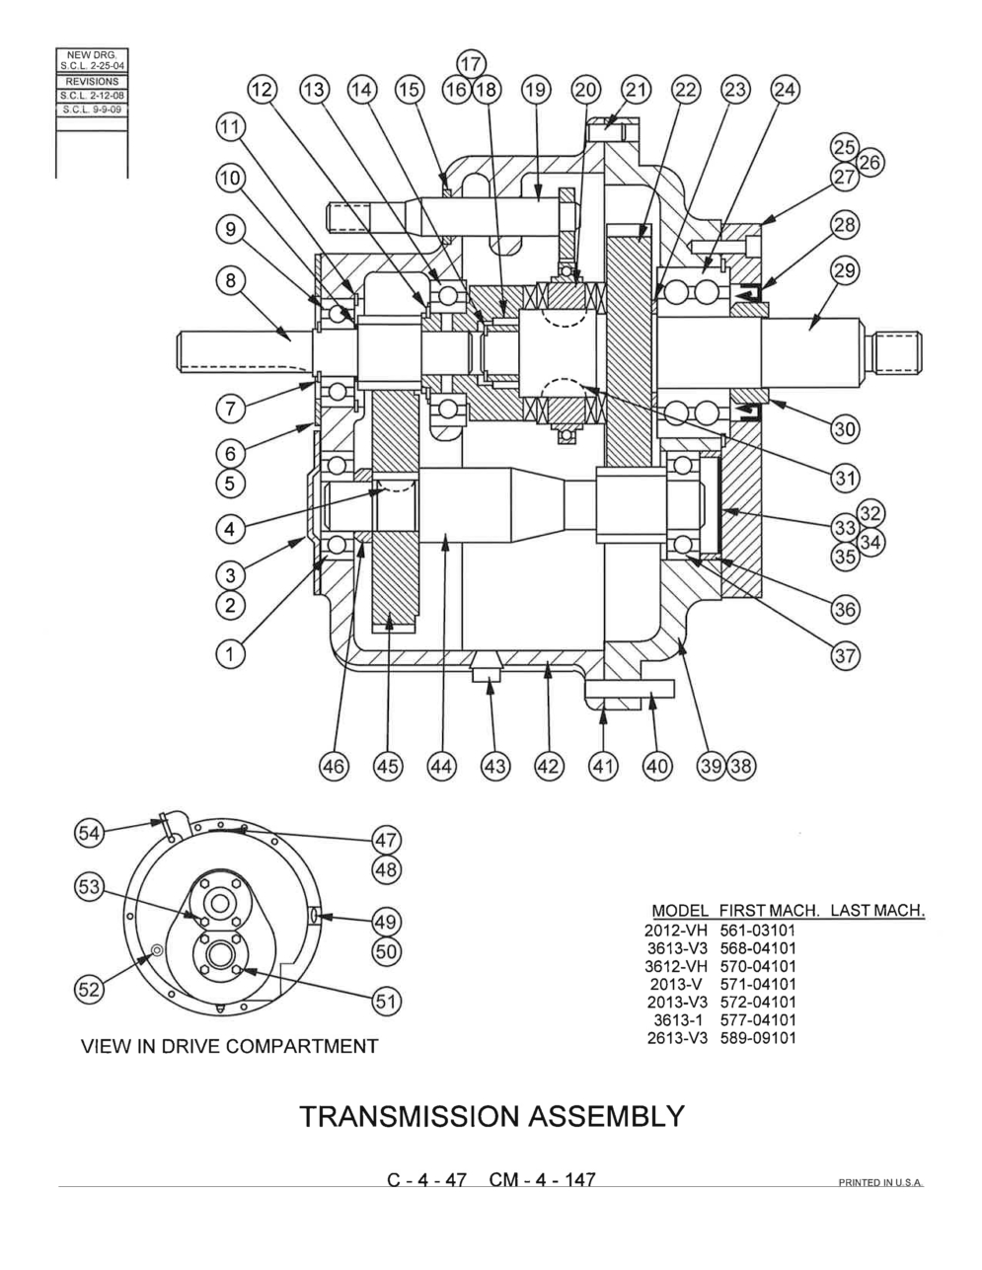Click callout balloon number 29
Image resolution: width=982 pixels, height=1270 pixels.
click(x=845, y=271)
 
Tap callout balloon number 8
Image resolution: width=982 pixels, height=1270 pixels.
click(x=230, y=280)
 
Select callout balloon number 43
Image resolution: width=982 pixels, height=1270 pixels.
click(x=495, y=765)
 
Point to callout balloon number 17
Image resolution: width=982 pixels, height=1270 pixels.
click(x=471, y=64)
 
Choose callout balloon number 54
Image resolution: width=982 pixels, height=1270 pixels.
click(x=90, y=832)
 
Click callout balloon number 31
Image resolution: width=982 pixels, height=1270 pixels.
click(x=845, y=478)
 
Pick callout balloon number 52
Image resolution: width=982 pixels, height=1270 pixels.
click(x=90, y=990)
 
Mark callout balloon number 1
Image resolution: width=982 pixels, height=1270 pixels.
click(x=230, y=653)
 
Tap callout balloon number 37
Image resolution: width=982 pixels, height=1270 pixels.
click(x=845, y=655)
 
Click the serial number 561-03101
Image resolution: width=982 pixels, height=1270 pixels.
click(x=758, y=930)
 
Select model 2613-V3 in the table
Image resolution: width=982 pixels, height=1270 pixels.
click(x=677, y=1038)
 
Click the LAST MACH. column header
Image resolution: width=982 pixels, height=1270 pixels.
click(x=877, y=910)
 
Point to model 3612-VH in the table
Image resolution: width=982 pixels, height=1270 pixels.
click(x=676, y=966)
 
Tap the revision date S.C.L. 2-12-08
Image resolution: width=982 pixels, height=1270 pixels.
click(x=92, y=96)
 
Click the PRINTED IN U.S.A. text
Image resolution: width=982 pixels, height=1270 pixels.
click(x=881, y=1183)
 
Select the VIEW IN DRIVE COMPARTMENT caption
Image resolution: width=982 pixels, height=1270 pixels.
click(x=229, y=1046)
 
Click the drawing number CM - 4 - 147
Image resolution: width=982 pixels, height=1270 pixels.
click(x=542, y=1179)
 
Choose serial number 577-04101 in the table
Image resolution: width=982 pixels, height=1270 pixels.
click(x=758, y=1020)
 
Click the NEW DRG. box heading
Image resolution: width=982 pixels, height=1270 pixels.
click(x=92, y=55)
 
